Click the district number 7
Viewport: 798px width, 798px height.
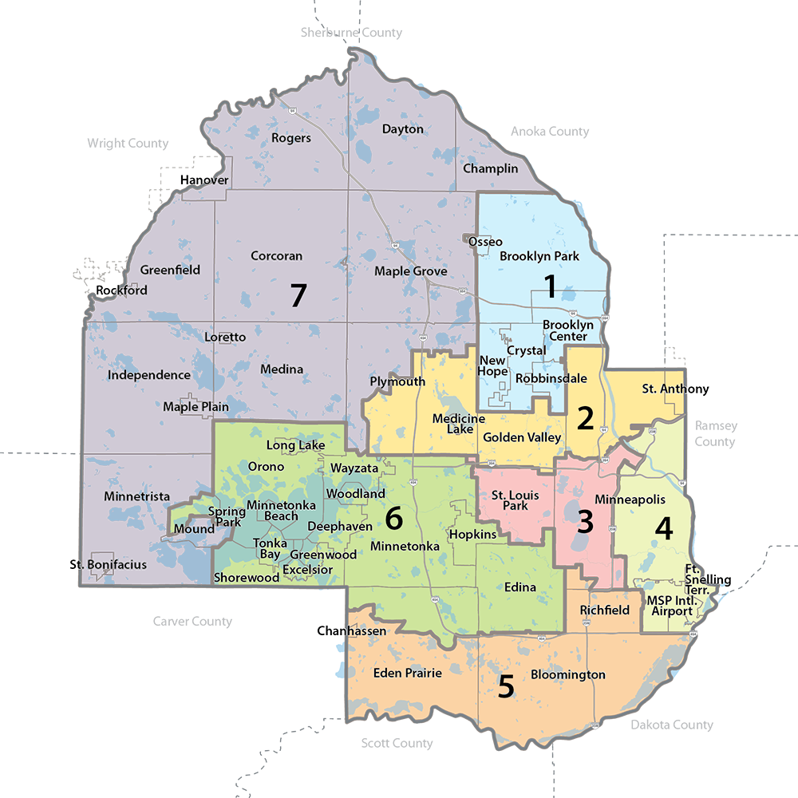click(x=297, y=295)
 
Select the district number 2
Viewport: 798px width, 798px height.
click(x=585, y=417)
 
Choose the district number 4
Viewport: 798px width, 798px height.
click(x=664, y=527)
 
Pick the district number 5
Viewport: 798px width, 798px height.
click(x=505, y=686)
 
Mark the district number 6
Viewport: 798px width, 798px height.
click(x=393, y=519)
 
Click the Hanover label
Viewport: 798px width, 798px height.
click(x=204, y=180)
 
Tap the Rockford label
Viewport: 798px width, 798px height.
click(x=121, y=290)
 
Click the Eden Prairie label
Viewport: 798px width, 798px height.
click(x=407, y=674)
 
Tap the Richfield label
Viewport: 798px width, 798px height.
click(x=605, y=610)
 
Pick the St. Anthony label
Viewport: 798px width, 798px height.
click(x=675, y=389)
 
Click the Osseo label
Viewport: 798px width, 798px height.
click(x=485, y=242)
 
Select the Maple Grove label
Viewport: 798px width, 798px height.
click(x=410, y=271)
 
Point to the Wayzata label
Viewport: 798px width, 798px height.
click(x=354, y=468)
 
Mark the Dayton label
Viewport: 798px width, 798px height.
click(x=402, y=129)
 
